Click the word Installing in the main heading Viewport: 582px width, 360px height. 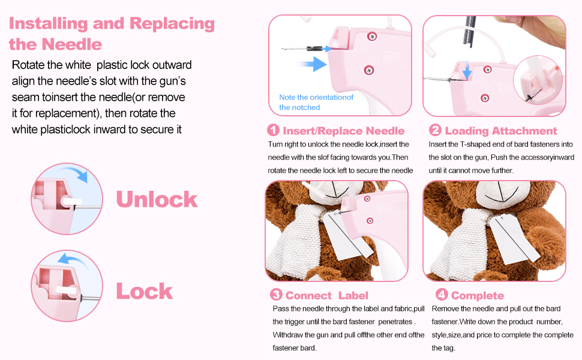[46, 24]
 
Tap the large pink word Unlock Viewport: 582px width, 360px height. [156, 199]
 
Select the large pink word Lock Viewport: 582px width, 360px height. [144, 291]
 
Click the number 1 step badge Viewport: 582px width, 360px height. [274, 130]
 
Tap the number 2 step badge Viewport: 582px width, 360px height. [435, 130]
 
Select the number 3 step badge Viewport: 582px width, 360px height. [276, 295]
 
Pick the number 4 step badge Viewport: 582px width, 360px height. [441, 295]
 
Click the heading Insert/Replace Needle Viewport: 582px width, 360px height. [343, 131]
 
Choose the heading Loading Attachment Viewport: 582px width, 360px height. [501, 131]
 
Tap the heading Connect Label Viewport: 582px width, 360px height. [327, 295]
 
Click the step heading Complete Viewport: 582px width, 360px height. [477, 295]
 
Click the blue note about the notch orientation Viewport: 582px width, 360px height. [316, 102]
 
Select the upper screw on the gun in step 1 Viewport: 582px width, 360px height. [373, 37]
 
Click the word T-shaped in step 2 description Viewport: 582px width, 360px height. [472, 144]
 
